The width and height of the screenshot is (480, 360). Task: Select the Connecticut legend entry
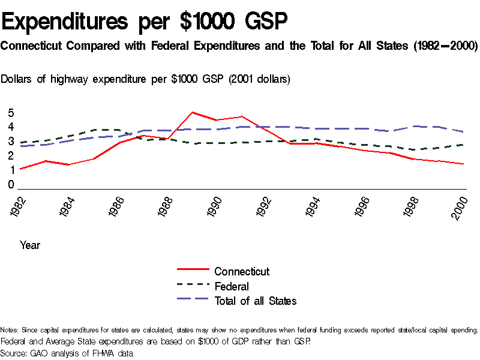coord(242,271)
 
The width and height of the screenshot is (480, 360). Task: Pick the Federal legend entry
coord(232,286)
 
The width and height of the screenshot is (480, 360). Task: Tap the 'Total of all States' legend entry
coord(255,301)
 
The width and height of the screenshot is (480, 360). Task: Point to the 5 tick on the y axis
coord(11,113)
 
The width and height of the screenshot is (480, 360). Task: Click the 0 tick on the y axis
coord(11,185)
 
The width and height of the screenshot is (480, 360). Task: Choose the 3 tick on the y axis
coord(11,142)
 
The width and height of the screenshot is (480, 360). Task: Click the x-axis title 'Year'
coord(30,245)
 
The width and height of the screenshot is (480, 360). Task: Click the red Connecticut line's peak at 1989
coord(192,112)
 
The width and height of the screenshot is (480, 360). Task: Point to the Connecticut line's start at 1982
coord(20,169)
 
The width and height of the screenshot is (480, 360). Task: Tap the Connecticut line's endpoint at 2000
coord(463,164)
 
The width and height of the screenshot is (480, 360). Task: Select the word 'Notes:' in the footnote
coord(10,330)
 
